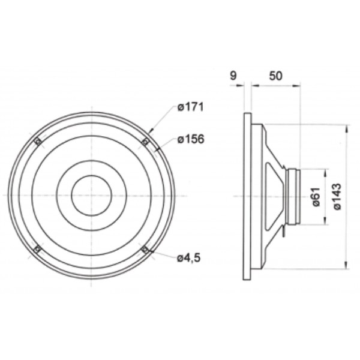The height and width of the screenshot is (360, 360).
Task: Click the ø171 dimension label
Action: (190, 107)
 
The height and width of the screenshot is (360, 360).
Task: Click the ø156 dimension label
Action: (191, 139)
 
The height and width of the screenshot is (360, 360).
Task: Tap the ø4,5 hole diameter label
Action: (189, 258)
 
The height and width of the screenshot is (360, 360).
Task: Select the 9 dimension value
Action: (233, 76)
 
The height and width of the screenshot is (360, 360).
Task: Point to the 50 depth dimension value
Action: (275, 76)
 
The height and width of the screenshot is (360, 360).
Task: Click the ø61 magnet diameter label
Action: (316, 197)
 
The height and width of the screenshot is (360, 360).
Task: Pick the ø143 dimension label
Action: (337, 197)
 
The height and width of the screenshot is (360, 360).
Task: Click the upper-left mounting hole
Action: (38, 142)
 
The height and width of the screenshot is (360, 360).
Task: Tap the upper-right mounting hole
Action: (145, 142)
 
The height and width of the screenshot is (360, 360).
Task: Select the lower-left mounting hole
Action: (37, 249)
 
